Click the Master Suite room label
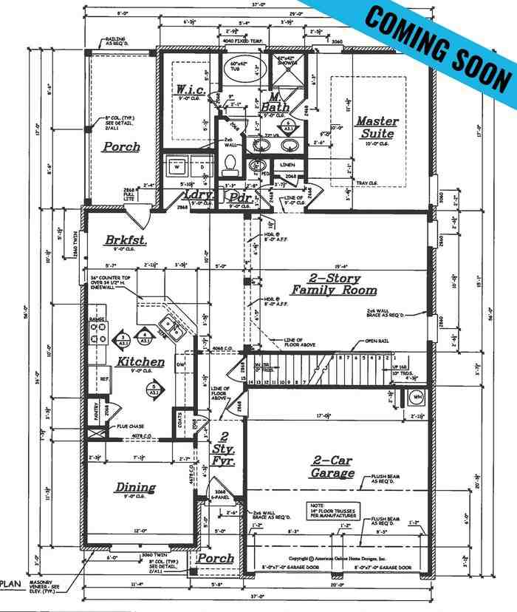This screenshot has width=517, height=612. tap(377, 127)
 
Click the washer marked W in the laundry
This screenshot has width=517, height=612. tap(176, 168)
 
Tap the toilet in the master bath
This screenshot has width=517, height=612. tap(229, 161)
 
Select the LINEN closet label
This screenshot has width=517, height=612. tap(288, 164)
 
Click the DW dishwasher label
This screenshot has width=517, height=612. tap(181, 364)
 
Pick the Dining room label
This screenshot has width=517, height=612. tap(135, 487)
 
